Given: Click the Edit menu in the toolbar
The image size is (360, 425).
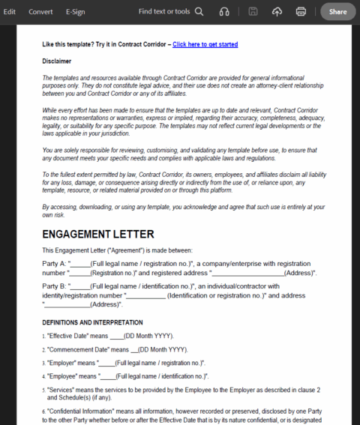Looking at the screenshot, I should (x=10, y=11).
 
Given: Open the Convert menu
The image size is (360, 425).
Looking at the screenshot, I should (x=40, y=11).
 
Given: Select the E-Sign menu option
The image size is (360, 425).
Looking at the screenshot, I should (x=76, y=11).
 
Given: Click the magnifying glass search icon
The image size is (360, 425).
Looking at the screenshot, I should (x=199, y=11).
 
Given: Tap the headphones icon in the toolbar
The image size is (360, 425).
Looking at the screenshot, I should (x=224, y=11).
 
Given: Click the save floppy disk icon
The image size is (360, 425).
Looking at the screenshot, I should (x=253, y=11).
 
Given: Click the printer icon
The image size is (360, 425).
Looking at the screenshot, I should (x=301, y=11).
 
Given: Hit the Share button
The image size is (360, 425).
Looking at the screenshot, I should (x=337, y=11).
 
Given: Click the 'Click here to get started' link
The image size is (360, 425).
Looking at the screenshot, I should (x=205, y=45).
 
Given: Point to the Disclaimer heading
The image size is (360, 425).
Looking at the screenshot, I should (x=56, y=61).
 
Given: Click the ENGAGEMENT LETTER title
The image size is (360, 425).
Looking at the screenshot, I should (x=98, y=234).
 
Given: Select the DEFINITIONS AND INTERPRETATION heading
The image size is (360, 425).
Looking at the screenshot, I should (x=93, y=322).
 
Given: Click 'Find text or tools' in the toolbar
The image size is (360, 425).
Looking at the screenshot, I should (x=163, y=11).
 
